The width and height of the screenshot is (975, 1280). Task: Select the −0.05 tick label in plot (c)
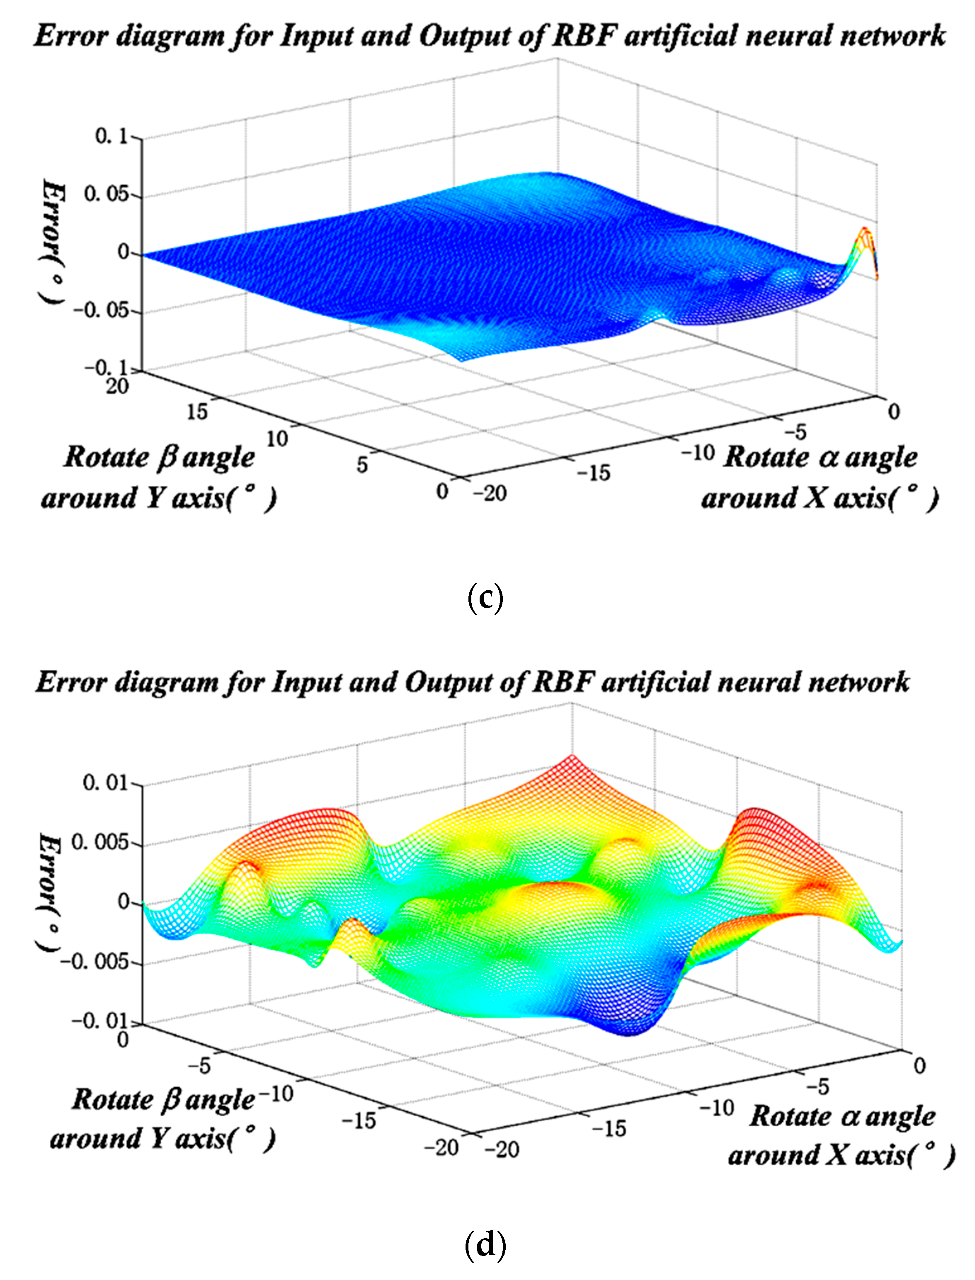tap(101, 310)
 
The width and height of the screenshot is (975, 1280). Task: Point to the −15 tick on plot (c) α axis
tap(594, 473)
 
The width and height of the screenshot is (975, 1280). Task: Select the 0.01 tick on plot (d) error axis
tap(105, 783)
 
